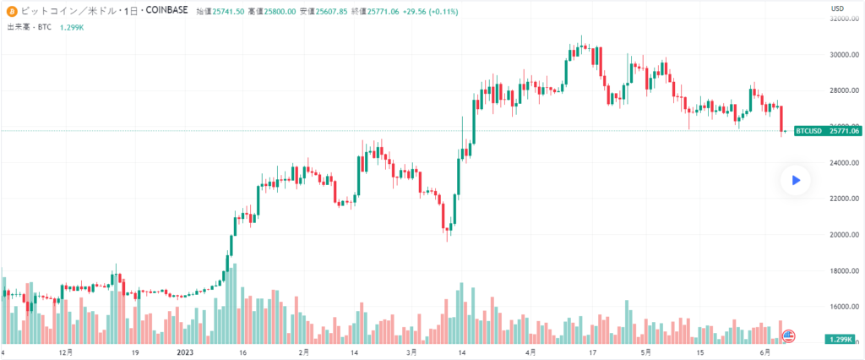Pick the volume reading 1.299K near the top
coord(71,27)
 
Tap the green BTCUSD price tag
coord(809,131)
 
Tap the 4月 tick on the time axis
coord(531,351)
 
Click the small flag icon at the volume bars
coord(790,335)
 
